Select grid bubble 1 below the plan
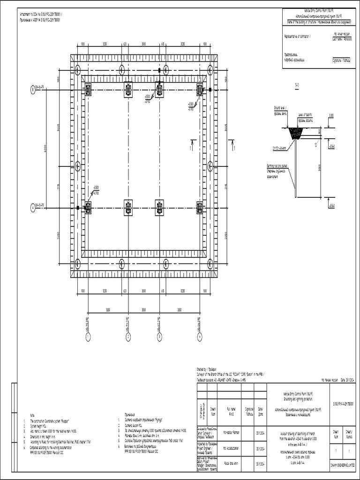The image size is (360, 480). pos(88,337)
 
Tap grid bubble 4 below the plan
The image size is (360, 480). pos(200,337)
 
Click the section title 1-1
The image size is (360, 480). pos(296,85)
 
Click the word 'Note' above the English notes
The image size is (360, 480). pos(32,415)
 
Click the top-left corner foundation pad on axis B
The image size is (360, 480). pos(88,89)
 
